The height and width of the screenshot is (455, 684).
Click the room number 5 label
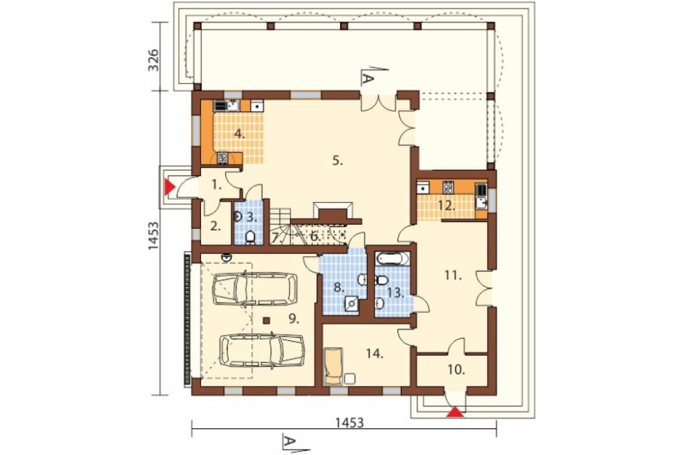click(337, 161)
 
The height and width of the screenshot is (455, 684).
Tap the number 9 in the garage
click(293, 319)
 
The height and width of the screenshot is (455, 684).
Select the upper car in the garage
click(254, 288)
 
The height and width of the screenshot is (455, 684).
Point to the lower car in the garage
click(262, 350)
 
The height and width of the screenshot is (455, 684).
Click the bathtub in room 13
click(393, 259)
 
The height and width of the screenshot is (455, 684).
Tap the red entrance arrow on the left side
click(169, 187)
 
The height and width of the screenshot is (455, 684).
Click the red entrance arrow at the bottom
click(456, 412)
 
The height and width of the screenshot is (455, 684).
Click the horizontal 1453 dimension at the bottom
click(349, 423)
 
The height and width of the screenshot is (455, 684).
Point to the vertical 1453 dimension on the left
click(154, 236)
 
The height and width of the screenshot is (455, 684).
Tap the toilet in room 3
click(250, 237)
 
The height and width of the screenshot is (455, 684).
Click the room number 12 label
click(447, 206)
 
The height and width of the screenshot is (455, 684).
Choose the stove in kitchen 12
click(448, 187)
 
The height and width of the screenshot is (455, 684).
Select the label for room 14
click(375, 354)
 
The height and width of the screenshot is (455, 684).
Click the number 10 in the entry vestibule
click(456, 370)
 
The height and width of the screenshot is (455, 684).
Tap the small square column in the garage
click(267, 321)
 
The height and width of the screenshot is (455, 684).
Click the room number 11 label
click(453, 276)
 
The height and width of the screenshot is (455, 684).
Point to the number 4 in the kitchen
click(239, 134)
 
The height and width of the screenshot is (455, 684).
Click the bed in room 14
click(334, 366)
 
